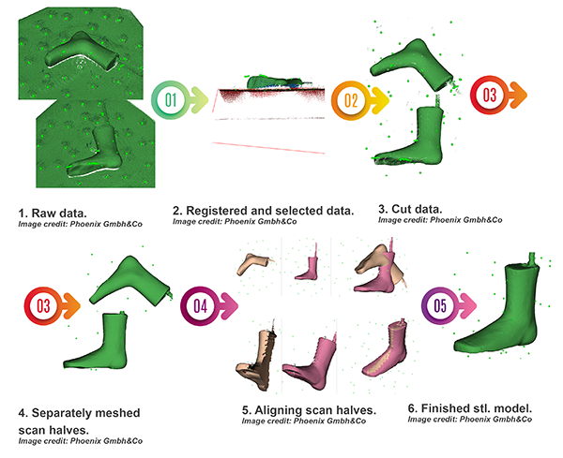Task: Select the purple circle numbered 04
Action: (x=198, y=304)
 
